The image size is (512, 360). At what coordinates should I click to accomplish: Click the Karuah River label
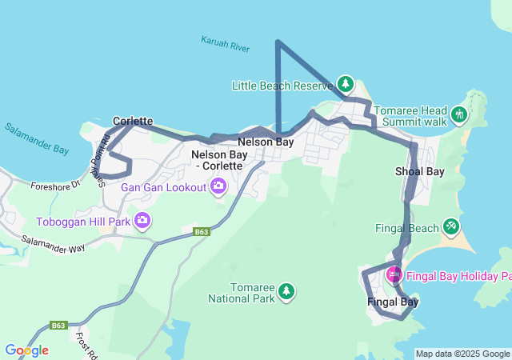(226, 44)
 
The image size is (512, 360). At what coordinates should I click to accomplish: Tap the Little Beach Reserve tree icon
(345, 83)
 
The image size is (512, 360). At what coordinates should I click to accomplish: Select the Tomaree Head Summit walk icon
(458, 114)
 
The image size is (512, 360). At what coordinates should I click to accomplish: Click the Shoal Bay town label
(419, 171)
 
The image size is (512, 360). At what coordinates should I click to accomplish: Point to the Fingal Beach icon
(451, 228)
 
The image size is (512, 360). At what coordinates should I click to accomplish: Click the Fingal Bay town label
(393, 302)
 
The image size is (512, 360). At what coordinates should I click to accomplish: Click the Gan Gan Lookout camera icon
(218, 187)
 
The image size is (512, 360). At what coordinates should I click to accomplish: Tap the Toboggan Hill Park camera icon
(142, 220)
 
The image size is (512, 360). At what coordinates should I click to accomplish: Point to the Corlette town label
(133, 121)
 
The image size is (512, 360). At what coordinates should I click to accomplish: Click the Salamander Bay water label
(37, 138)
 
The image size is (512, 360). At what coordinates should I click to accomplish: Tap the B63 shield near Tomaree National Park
(202, 232)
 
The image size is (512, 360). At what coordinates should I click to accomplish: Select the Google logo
(26, 350)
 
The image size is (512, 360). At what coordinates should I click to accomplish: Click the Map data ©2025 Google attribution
(462, 354)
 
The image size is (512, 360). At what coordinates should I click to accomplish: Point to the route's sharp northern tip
(278, 41)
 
